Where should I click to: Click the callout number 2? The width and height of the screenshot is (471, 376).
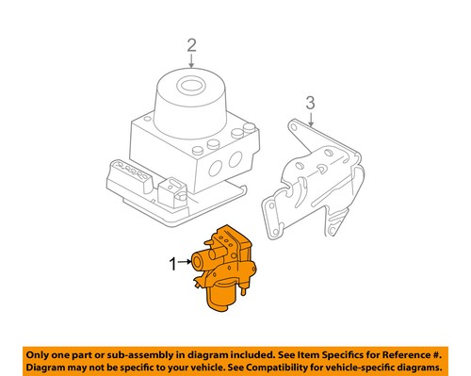tap(192, 44)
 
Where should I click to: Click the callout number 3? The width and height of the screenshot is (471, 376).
tap(308, 103)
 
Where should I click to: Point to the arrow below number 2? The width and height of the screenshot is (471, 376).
tap(192, 60)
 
